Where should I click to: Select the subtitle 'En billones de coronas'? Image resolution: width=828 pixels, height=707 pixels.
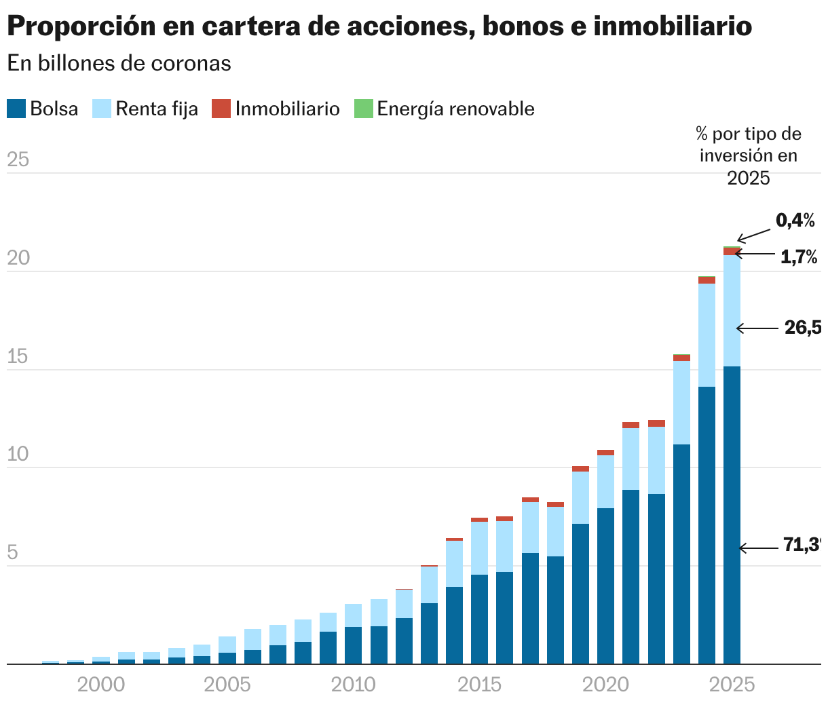(119, 63)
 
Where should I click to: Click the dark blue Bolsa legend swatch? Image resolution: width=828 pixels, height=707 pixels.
(16, 109)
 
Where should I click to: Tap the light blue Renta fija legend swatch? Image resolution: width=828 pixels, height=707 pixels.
(101, 109)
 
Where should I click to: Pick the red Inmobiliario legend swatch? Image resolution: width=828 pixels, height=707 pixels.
(221, 109)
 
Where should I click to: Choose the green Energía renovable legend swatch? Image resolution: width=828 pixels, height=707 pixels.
(364, 109)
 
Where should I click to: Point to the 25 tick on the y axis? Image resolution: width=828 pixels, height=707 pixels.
(18, 160)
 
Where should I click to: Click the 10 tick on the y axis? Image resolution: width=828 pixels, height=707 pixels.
(18, 455)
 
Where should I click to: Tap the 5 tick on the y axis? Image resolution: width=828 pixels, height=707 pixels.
(12, 552)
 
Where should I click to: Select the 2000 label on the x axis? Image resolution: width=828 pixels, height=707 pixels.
(101, 685)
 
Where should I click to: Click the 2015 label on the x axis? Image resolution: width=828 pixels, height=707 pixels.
(480, 685)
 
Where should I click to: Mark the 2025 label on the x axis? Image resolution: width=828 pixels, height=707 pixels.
(732, 685)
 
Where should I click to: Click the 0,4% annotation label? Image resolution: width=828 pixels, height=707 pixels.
(795, 220)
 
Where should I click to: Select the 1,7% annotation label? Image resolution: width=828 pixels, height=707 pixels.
(799, 257)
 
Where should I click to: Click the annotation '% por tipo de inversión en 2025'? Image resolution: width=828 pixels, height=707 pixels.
(749, 155)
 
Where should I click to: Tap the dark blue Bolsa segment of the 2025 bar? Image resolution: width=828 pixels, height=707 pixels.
(732, 516)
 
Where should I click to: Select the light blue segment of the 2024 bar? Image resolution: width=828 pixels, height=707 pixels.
(707, 335)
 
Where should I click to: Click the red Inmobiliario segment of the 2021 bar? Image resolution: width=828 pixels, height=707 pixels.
(631, 425)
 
